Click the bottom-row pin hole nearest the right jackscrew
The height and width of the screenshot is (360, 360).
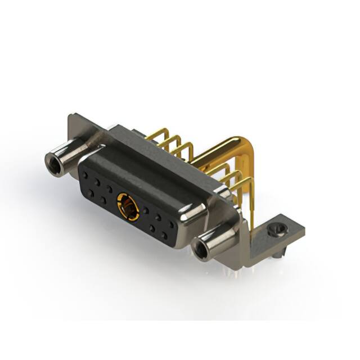tap(164, 236)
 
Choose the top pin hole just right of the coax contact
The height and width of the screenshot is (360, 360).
tap(145, 210)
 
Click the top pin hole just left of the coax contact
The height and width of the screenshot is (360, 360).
tap(110, 190)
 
